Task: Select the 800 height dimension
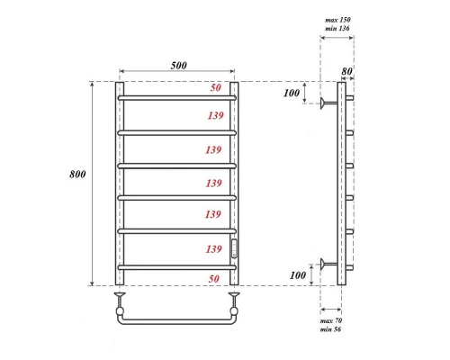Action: click(x=78, y=175)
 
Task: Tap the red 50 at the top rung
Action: click(x=215, y=87)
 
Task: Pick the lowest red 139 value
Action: click(x=213, y=247)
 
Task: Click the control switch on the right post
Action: click(x=235, y=248)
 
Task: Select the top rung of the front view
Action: click(x=176, y=97)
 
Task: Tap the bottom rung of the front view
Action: click(x=176, y=265)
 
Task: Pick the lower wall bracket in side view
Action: click(x=326, y=264)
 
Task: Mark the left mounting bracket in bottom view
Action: click(x=119, y=296)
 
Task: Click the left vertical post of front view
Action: click(x=119, y=180)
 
